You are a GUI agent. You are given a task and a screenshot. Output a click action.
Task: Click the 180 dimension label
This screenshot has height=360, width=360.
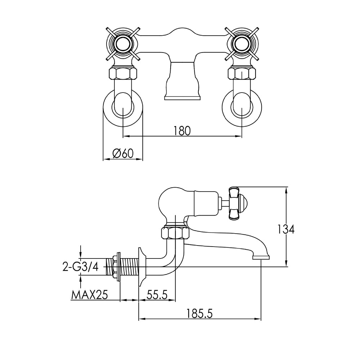(182, 131)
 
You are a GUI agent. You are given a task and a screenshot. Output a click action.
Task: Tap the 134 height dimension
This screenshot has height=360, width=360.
(286, 229)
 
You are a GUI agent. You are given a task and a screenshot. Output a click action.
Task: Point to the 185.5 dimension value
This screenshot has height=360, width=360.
(200, 313)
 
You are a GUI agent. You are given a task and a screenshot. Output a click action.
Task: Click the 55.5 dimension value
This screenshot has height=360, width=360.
(157, 295)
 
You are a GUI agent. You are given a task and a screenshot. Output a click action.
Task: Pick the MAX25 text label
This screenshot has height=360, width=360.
(90, 295)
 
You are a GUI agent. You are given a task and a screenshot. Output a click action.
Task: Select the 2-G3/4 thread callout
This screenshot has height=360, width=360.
(80, 267)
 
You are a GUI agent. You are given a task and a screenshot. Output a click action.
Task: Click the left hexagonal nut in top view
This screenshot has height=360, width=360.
(123, 75)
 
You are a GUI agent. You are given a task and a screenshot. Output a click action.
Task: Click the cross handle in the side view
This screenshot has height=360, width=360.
(235, 203)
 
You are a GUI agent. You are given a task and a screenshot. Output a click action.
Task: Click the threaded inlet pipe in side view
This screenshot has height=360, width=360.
(124, 267)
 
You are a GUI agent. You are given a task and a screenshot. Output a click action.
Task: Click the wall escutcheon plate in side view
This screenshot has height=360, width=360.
(142, 267)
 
